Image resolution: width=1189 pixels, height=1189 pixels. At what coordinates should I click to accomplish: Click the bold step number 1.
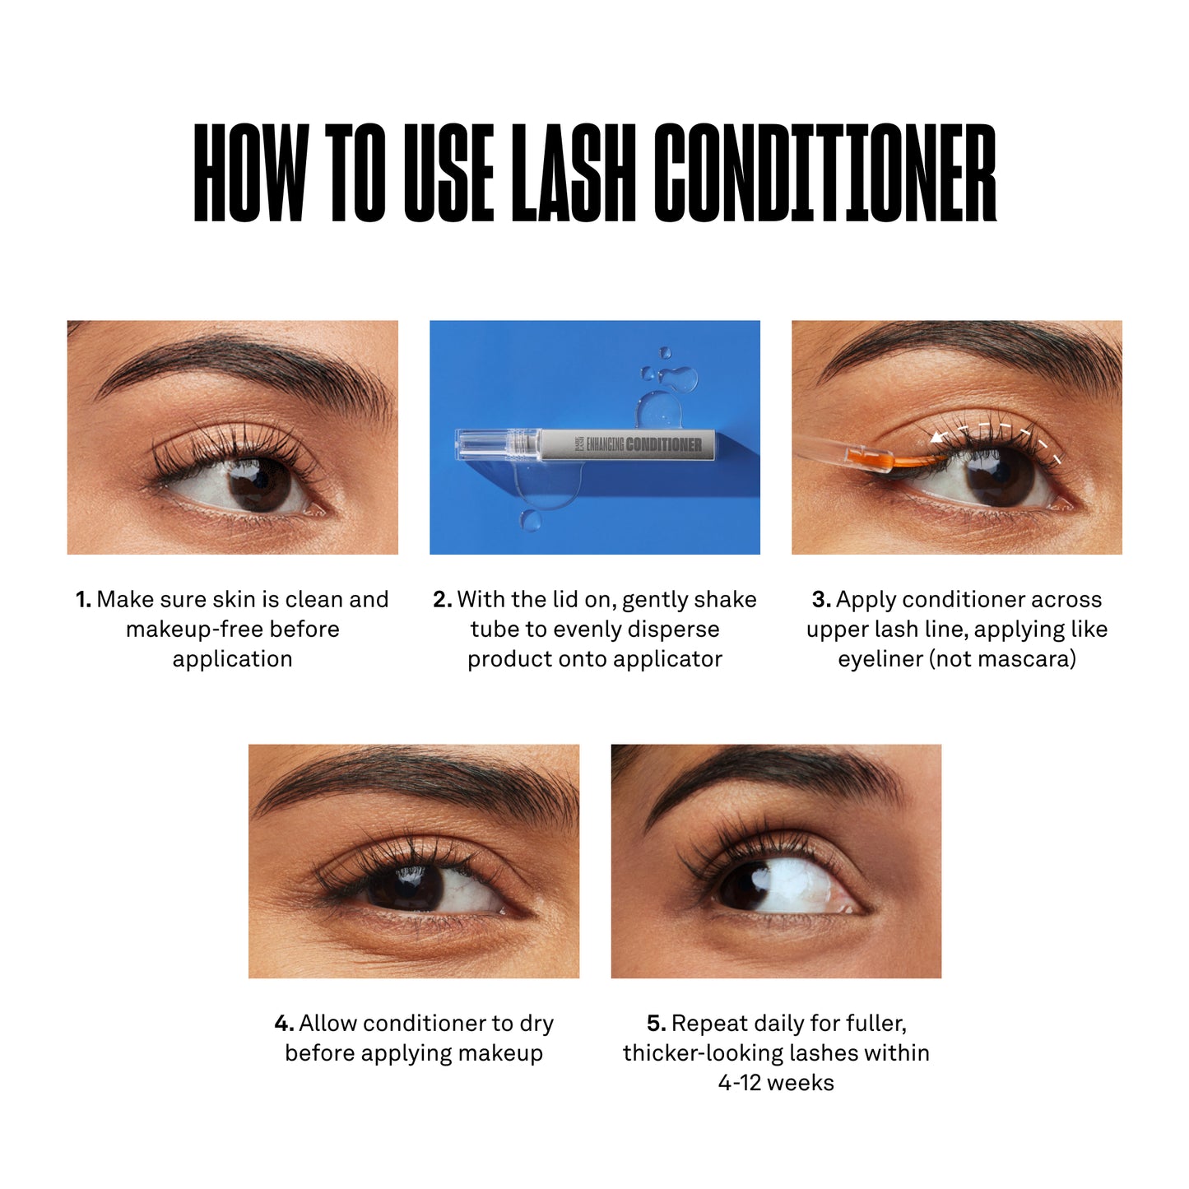[83, 600]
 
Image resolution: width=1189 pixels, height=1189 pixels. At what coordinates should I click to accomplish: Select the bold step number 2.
[442, 600]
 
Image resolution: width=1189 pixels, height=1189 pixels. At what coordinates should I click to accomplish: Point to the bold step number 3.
[820, 600]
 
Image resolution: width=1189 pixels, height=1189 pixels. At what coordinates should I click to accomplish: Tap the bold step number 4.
[284, 1024]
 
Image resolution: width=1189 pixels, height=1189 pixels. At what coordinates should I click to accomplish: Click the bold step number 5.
[656, 1024]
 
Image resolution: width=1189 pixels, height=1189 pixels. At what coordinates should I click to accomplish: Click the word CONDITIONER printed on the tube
[664, 445]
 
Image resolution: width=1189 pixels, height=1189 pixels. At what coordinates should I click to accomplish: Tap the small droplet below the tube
[530, 520]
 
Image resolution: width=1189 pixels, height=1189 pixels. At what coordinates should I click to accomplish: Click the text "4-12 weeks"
[775, 1083]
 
